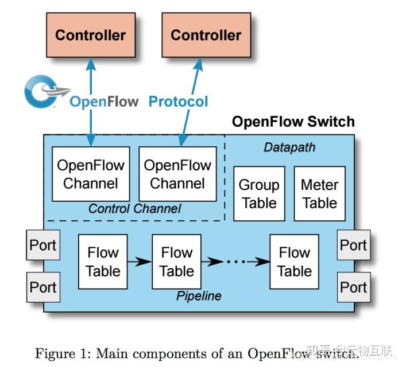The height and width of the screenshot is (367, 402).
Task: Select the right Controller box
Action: [x=206, y=34]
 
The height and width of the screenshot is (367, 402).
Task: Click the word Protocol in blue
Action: [x=178, y=102]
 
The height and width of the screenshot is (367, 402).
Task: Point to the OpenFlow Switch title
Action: [x=293, y=122]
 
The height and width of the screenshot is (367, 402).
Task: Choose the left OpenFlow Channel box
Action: [x=90, y=174]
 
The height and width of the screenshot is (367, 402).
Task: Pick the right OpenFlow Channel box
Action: [x=177, y=174]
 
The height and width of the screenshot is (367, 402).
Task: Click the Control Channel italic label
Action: [x=134, y=209]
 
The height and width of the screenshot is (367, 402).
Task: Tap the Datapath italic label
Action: [x=289, y=147]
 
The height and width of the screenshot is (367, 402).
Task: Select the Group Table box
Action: [x=259, y=194]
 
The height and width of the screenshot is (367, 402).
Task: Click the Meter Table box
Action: [x=319, y=194]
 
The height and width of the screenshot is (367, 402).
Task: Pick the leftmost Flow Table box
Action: [x=103, y=261]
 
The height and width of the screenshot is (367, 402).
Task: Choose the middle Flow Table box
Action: [x=176, y=261]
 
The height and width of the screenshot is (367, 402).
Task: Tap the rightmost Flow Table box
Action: [x=294, y=261]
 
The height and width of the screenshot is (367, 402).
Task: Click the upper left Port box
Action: [x=43, y=245]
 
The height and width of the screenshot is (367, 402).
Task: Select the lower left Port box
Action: [x=43, y=287]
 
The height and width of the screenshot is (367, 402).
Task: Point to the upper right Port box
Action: [x=353, y=245]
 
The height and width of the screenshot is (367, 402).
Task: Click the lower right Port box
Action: [x=353, y=287]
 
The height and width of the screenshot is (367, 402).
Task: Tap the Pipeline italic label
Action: [x=199, y=296]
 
